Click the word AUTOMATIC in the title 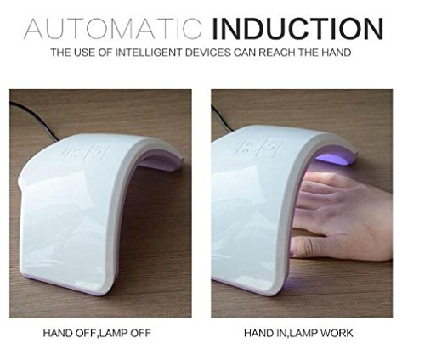coord(113,29)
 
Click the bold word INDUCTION coord(297,29)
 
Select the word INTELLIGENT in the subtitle coord(149,53)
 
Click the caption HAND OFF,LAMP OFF coord(97,333)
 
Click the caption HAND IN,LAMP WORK coord(298,333)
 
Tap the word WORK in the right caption coord(337,333)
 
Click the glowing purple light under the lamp coord(334,159)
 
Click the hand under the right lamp coord(343,215)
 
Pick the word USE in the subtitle coord(84,53)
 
